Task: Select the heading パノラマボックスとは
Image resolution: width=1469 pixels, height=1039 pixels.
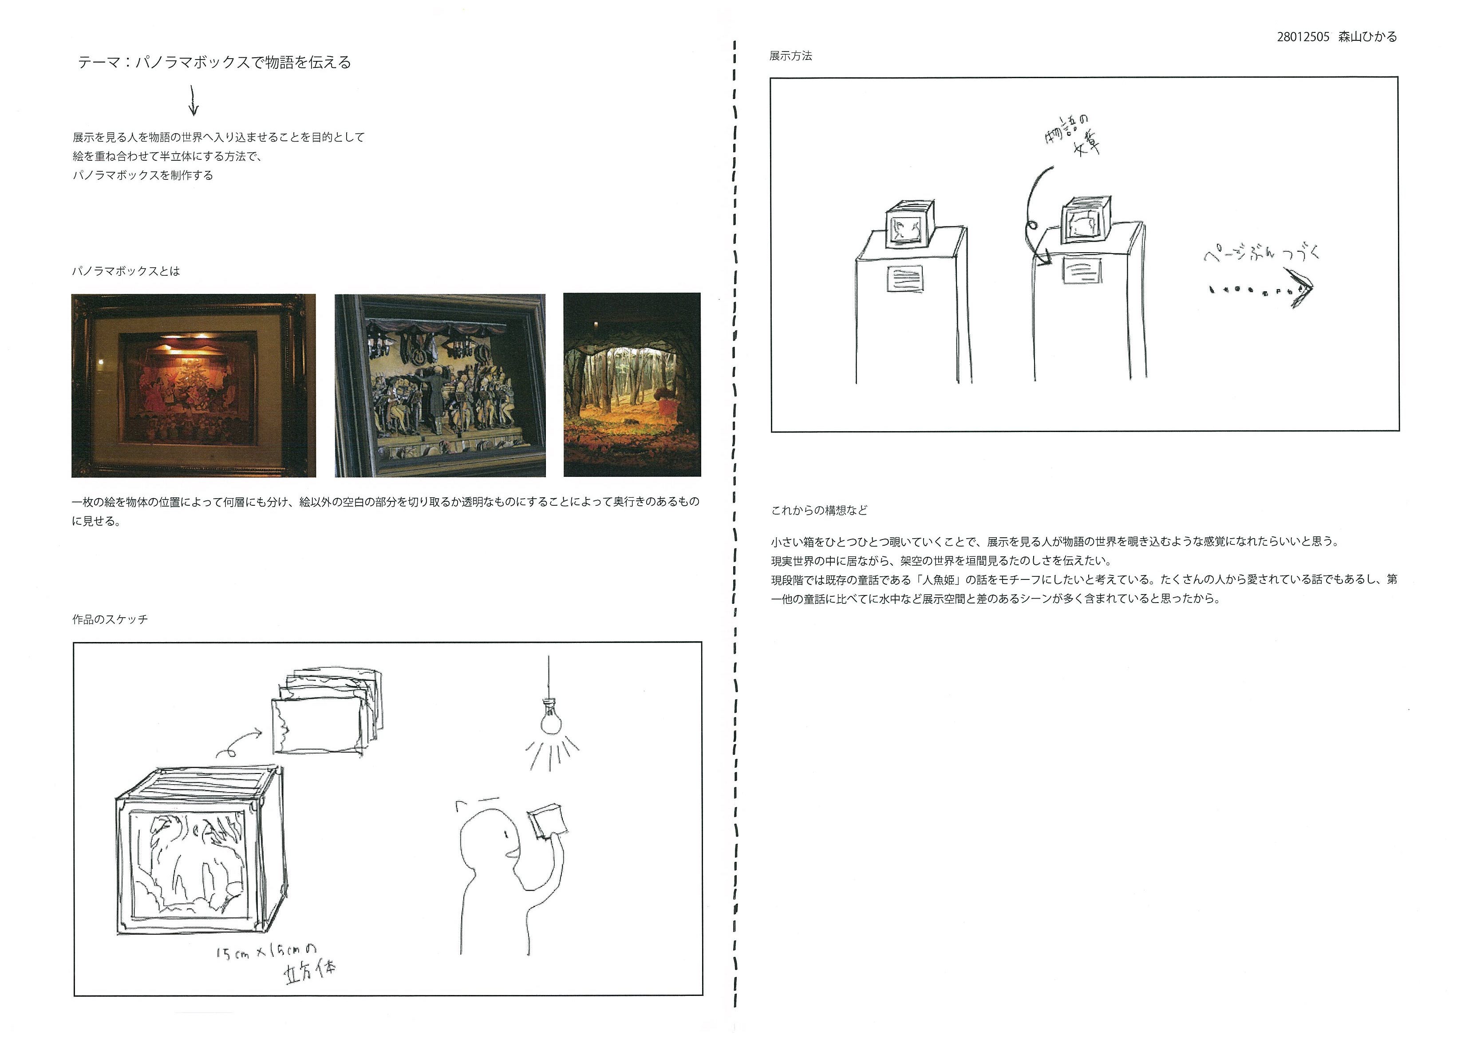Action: click(126, 271)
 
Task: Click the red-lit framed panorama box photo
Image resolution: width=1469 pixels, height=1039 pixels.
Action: click(193, 385)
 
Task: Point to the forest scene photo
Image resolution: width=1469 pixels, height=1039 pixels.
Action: click(632, 385)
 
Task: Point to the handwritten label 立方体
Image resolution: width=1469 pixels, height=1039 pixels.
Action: click(310, 972)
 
